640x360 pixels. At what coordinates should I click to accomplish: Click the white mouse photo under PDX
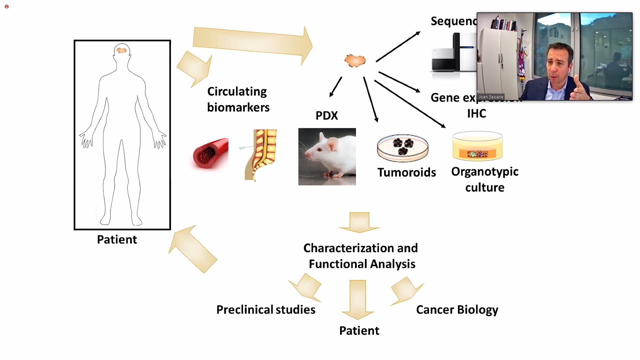coord(327,156)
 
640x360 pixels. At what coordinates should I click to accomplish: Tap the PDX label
coord(327,115)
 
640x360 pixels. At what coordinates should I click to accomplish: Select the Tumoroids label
coord(406,172)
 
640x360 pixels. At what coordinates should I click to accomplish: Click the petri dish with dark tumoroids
coord(403,147)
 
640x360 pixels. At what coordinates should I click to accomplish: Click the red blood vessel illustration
coord(210,154)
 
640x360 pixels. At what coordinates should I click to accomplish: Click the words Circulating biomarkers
coord(238,99)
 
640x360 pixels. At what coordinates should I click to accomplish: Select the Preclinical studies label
coord(266,310)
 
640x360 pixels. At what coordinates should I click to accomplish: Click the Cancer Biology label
coord(457,310)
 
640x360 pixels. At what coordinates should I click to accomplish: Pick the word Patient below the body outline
coord(117,240)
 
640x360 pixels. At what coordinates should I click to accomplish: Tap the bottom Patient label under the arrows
coord(359,331)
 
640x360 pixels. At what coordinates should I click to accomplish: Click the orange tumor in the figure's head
coord(121,50)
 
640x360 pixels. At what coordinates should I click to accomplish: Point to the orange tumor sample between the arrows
coord(355,61)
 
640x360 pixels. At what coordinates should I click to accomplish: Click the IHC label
coord(476,114)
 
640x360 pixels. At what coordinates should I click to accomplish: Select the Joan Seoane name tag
coord(491,97)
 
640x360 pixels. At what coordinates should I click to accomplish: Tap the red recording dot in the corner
coord(7,7)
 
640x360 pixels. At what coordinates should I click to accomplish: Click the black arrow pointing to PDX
coord(335,87)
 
